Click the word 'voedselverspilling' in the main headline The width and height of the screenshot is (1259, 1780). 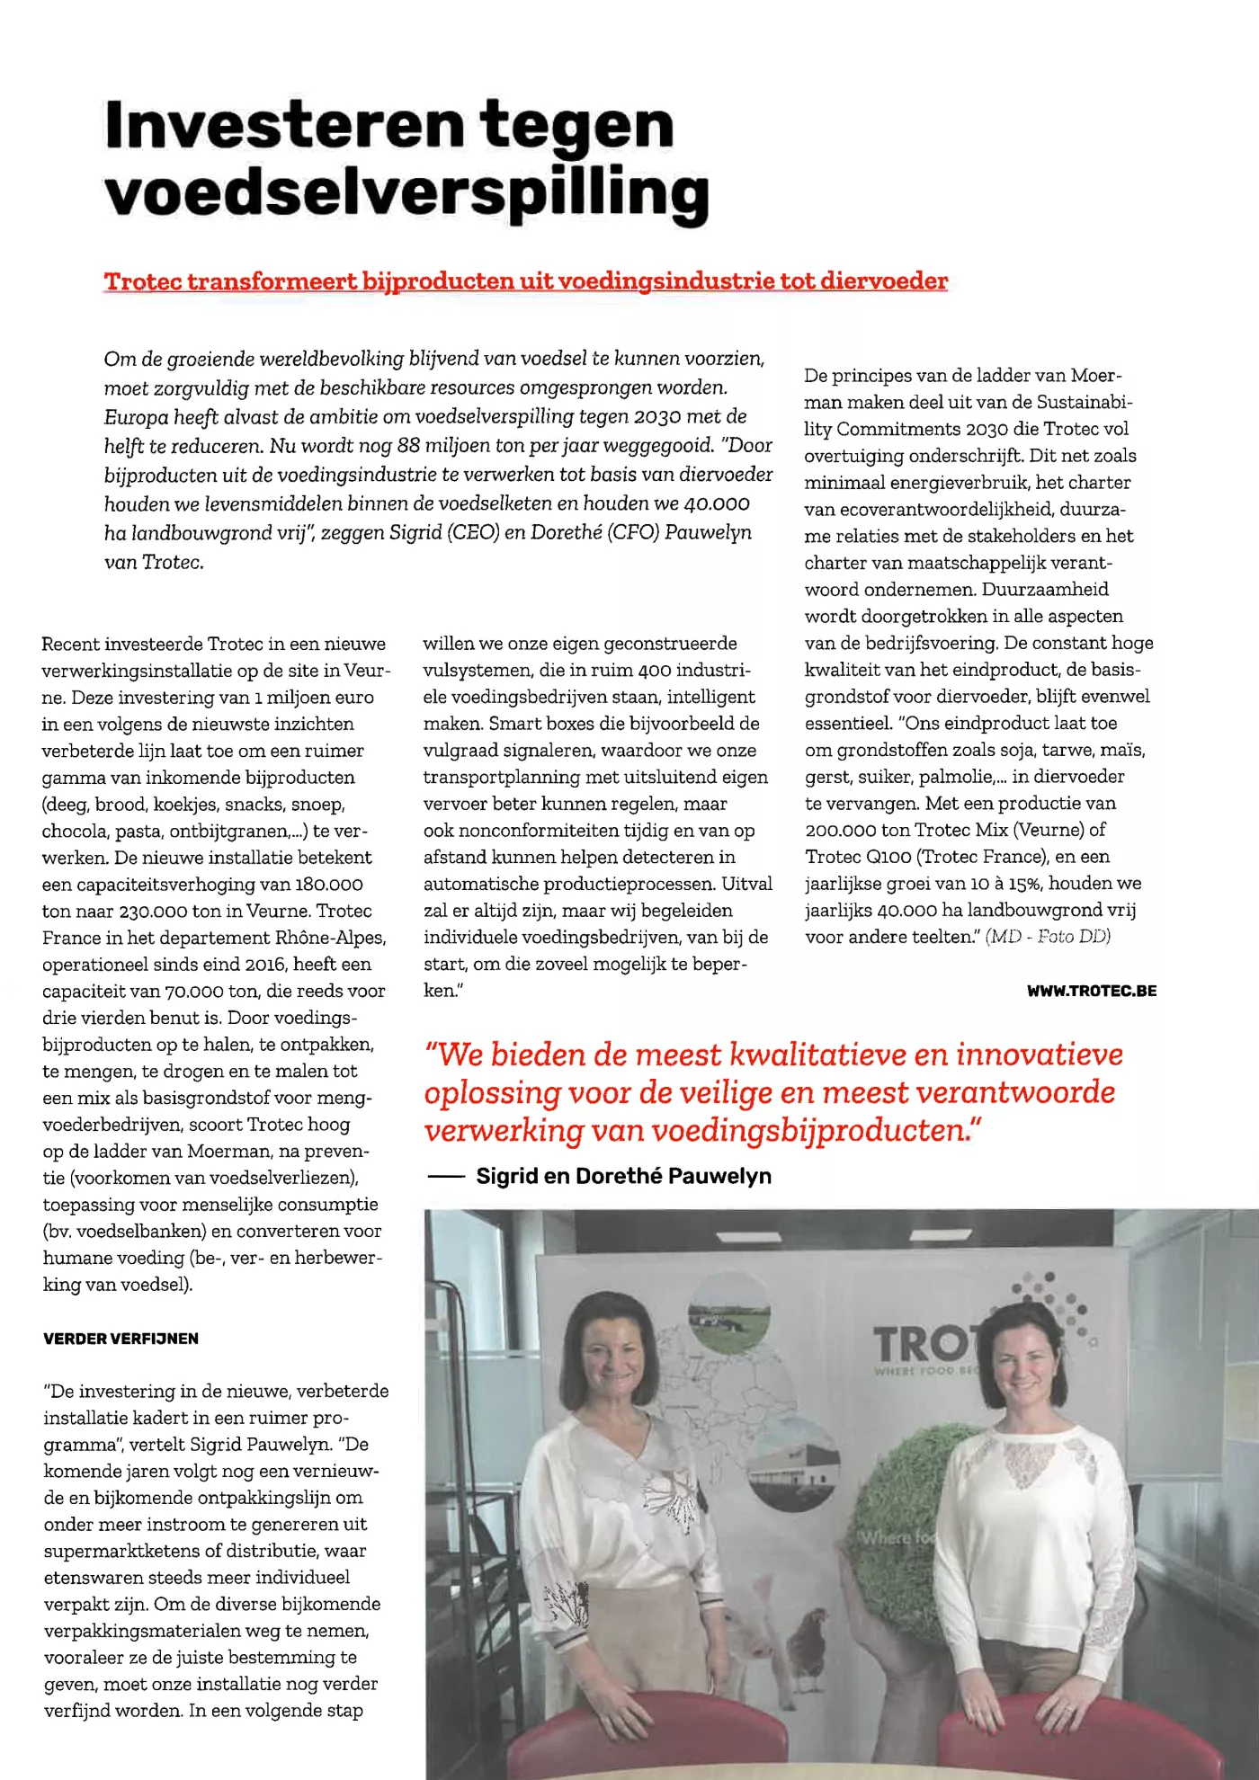pos(406,193)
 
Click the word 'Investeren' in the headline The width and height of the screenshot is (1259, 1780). pos(284,126)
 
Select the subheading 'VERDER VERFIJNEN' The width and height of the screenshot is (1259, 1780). pos(121,1339)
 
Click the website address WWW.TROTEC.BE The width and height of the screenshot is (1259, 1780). pos(1091,991)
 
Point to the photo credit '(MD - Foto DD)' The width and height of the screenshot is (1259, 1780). pos(1048,937)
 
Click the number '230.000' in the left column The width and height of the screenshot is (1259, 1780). pos(153,911)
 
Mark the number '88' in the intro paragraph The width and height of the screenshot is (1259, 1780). pos(408,446)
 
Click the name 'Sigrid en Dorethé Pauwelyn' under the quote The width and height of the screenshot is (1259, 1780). pos(623,1176)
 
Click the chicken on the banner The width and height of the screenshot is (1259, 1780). pos(807,1638)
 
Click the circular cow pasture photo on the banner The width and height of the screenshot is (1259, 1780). pos(728,1316)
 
